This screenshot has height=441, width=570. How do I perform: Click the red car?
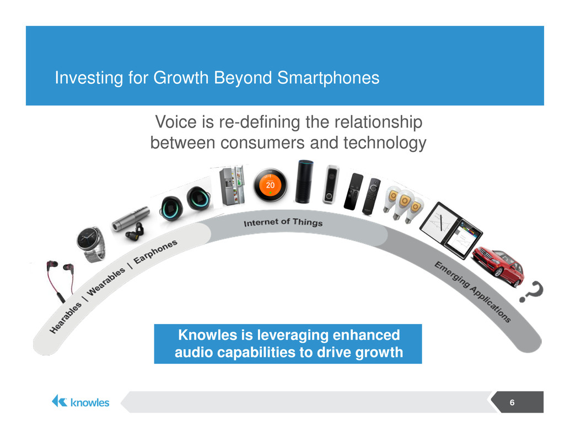tap(498, 265)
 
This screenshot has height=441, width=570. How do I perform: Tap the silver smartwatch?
tap(91, 243)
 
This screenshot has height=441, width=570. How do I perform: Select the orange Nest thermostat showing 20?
tap(270, 185)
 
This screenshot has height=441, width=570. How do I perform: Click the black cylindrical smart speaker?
tap(305, 181)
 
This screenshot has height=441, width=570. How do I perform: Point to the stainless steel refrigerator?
tap(232, 186)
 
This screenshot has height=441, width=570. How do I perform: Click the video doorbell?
tap(331, 184)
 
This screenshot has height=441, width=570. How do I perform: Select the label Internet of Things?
tap(283, 222)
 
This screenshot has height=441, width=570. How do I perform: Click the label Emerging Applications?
tap(473, 292)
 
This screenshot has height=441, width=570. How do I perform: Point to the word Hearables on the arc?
tap(66, 318)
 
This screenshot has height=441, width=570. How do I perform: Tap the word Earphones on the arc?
tap(155, 252)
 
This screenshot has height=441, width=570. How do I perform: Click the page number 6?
tap(512, 402)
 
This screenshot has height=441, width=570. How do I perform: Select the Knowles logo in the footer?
tap(80, 402)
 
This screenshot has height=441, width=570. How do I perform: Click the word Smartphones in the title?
tap(328, 77)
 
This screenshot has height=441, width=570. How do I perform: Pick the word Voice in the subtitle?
tap(176, 122)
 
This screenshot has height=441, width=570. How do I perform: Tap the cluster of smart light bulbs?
tap(403, 204)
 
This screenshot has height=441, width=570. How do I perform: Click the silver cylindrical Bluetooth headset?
tap(131, 219)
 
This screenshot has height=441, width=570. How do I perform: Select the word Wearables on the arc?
tap(106, 281)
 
